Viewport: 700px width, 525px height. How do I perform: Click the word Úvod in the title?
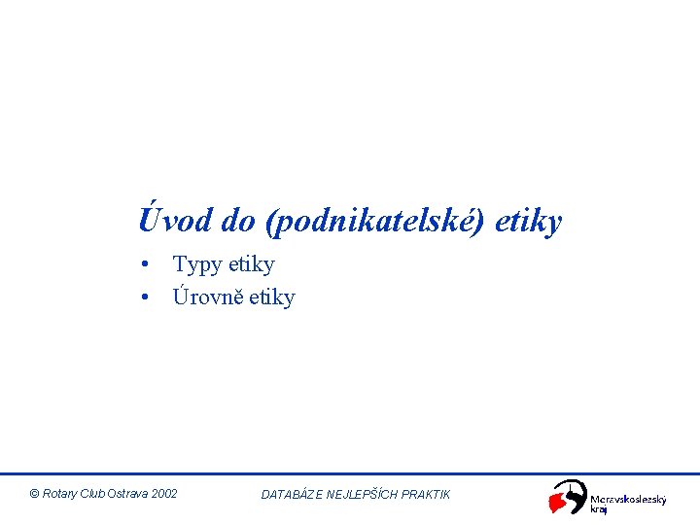pos(175,221)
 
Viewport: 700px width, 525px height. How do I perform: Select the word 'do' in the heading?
pos(237,222)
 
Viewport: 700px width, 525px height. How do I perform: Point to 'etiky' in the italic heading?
pos(528,223)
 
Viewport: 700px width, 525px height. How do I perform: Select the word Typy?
pos(196,265)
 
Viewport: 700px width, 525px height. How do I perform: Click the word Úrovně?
pos(207,297)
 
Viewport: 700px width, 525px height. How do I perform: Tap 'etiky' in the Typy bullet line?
pos(251,264)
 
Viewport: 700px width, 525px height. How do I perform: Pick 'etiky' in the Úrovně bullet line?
pos(271,297)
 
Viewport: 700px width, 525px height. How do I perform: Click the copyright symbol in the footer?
pos(34,494)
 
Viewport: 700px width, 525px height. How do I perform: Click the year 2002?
pos(165,494)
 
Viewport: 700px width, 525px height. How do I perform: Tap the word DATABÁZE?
pos(291,495)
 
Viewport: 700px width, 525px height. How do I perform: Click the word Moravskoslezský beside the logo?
pos(629,500)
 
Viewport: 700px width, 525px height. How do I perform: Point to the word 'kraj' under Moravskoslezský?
pos(599,510)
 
